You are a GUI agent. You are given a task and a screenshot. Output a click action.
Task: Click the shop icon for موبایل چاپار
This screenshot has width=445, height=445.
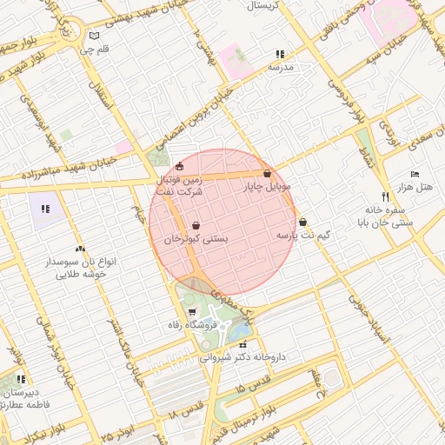pos(267,174)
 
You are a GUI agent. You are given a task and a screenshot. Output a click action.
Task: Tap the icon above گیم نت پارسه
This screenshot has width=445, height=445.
pos(302,222)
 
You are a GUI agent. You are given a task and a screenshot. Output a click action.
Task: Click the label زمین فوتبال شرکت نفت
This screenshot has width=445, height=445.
pos(180,184)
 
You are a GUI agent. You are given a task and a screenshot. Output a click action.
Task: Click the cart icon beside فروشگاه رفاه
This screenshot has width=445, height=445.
pos(192,311)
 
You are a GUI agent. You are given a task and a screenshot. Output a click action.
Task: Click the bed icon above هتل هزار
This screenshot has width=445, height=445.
pos(414,174)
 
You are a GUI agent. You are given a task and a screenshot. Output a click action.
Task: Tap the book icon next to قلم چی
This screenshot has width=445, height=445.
pos(95,37)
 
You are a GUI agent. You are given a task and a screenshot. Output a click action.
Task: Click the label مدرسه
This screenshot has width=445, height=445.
pos(281,66)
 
